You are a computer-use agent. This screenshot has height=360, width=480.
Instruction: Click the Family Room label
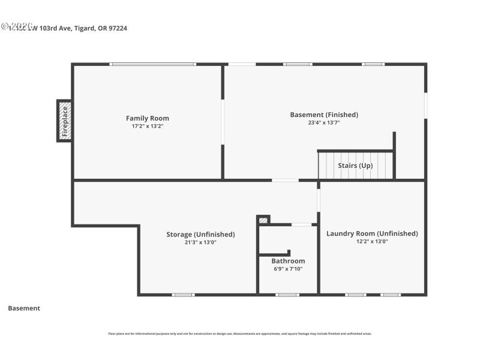(x=147, y=118)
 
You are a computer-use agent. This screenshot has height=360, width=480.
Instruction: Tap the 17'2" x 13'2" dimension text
(x=147, y=127)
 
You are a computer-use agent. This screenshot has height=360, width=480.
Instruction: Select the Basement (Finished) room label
(x=324, y=115)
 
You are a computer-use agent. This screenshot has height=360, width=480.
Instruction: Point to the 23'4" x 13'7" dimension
(x=324, y=122)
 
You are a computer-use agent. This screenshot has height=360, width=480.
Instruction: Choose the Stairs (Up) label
(x=356, y=165)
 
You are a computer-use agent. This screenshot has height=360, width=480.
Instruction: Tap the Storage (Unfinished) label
(x=200, y=234)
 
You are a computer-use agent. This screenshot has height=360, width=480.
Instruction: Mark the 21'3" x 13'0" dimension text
(x=200, y=242)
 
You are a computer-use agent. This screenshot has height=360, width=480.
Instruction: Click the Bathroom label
(x=288, y=261)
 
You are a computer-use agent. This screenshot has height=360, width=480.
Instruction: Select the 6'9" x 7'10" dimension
(x=288, y=269)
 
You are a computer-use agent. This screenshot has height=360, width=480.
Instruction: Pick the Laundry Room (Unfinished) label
(x=372, y=233)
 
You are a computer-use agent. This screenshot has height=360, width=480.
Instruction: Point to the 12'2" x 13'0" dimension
(x=372, y=242)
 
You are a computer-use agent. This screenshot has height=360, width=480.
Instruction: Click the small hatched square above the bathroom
(x=263, y=220)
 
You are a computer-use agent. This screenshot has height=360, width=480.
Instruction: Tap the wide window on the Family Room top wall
(x=153, y=64)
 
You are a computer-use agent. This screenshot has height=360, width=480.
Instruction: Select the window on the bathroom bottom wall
(x=287, y=295)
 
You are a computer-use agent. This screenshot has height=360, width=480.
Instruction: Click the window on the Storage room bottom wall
(x=183, y=295)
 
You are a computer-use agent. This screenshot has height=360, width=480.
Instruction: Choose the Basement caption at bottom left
(x=24, y=308)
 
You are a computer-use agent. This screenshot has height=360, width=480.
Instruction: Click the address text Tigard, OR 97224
(x=101, y=28)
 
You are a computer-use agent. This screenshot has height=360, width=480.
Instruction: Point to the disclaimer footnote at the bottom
(x=239, y=334)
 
